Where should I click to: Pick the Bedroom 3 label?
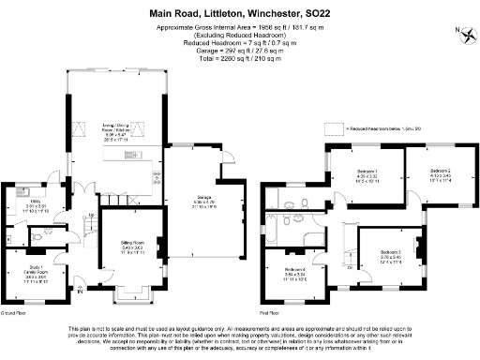391,255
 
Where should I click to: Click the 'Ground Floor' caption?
14,311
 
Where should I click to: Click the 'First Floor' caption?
272,311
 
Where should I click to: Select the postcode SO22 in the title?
322,14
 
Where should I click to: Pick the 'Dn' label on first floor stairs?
350,266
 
